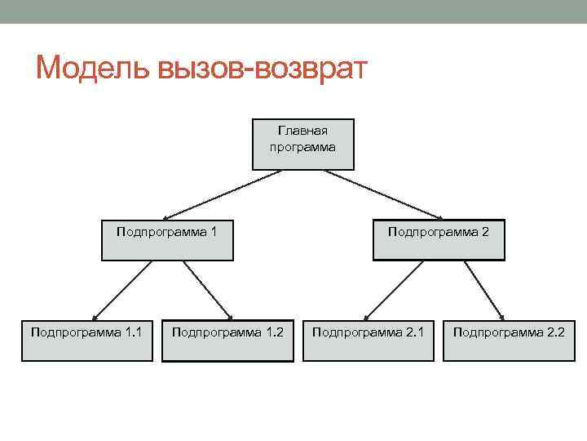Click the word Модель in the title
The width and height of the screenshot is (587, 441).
(87, 69)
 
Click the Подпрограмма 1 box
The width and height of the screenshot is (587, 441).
(167, 239)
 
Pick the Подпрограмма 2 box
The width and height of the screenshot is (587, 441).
(439, 239)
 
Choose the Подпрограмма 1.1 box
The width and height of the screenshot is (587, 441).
(87, 341)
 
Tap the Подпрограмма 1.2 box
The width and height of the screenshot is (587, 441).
(227, 341)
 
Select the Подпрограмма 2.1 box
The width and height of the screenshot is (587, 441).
(369, 341)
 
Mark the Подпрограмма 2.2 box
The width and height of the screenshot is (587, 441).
(509, 341)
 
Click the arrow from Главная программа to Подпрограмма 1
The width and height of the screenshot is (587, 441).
(222, 194)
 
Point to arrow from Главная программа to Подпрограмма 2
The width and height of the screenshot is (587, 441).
(383, 194)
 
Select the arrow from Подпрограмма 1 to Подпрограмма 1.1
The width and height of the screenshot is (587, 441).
(121, 290)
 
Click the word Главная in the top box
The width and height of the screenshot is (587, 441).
(303, 130)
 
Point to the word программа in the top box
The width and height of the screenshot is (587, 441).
(303, 147)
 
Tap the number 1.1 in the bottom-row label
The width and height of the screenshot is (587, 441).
(135, 332)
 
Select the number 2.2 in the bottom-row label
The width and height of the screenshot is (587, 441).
(554, 332)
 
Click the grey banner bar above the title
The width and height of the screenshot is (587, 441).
(293, 11)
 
